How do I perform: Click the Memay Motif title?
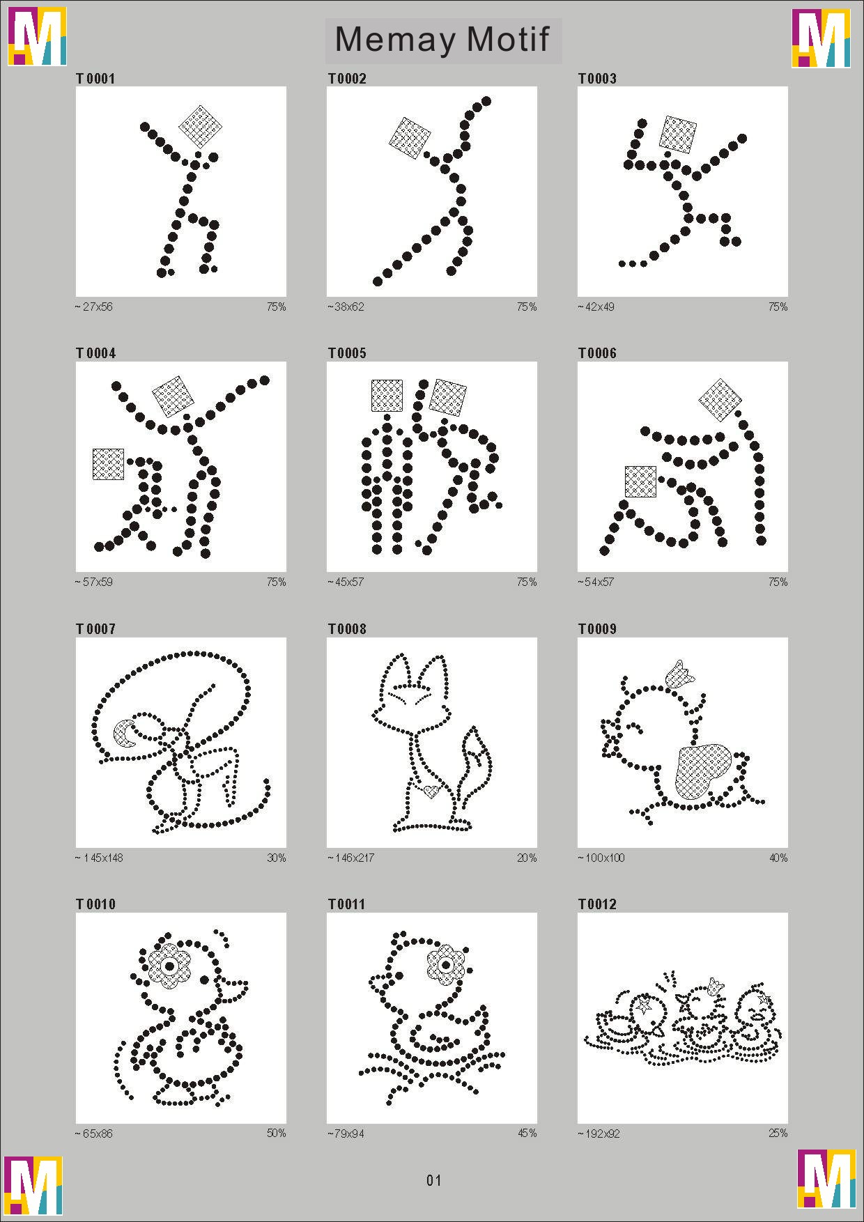point(442,40)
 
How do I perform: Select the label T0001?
point(95,79)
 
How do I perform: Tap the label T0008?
point(347,629)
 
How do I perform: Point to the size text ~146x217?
point(351,858)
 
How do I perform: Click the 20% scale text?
point(527,858)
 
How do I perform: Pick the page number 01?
point(433,1180)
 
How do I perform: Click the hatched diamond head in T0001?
point(200,126)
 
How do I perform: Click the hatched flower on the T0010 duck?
point(169,966)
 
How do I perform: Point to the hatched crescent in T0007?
point(125,733)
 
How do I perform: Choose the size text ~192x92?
point(599,1134)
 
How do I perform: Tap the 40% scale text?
point(778,858)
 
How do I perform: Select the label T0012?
point(597,904)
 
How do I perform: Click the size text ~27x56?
point(93,307)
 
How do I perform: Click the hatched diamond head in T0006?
point(720,400)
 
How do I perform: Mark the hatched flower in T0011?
point(445,963)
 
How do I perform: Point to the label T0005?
point(347,353)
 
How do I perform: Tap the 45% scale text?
point(527,1134)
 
